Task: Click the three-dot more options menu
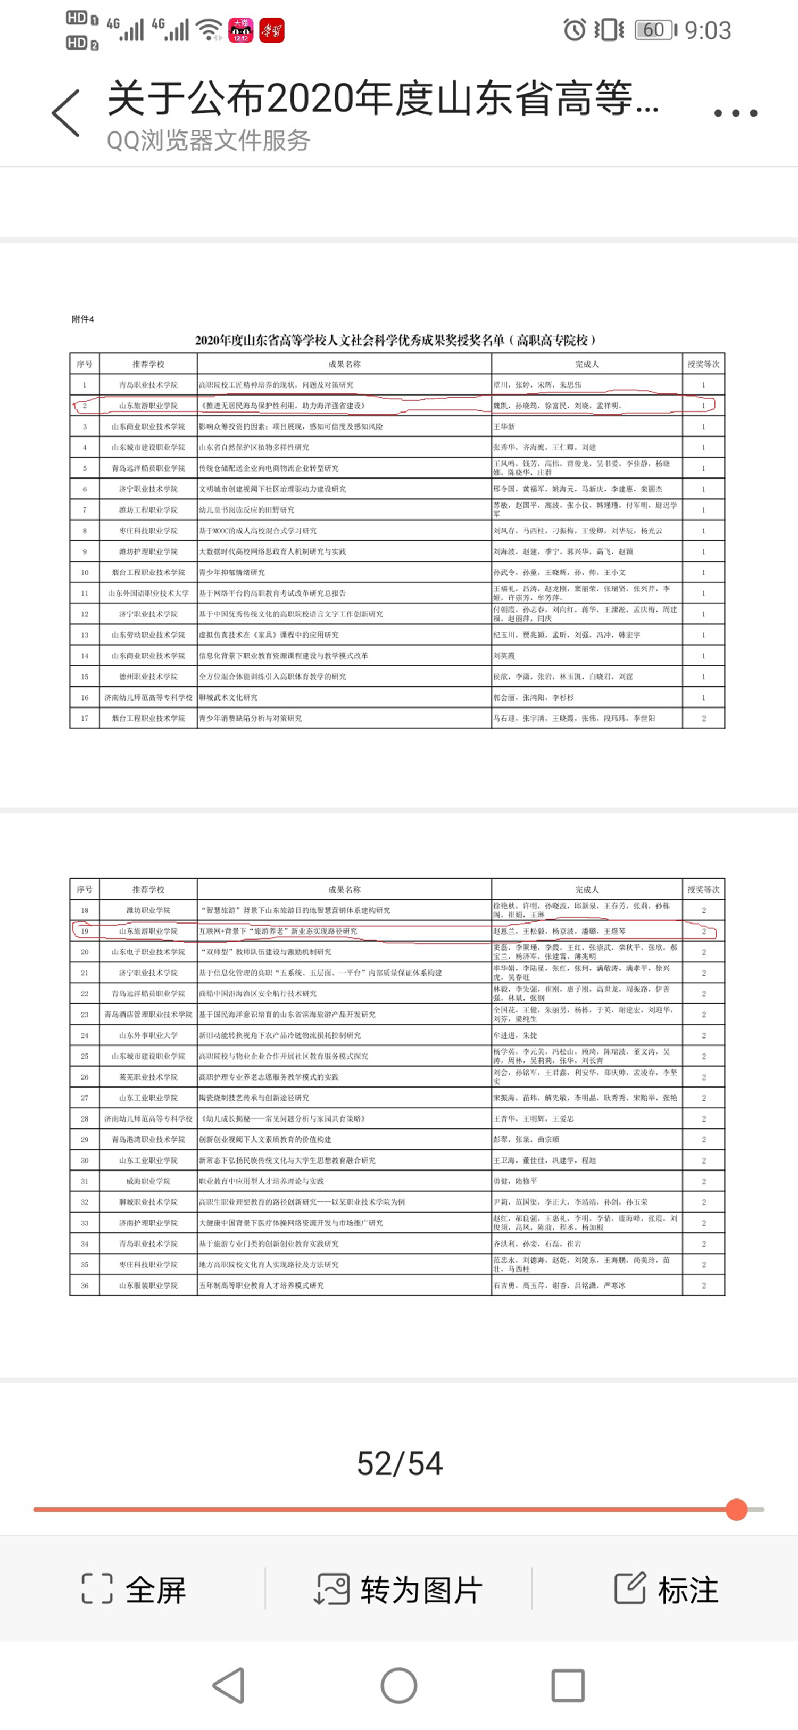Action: [x=736, y=113]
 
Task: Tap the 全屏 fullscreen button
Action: [x=134, y=1589]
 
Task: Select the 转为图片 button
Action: [x=398, y=1589]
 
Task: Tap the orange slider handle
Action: [x=736, y=1509]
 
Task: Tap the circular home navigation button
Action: [x=398, y=1686]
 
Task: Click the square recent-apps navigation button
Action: [x=568, y=1686]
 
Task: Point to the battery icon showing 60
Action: [x=655, y=30]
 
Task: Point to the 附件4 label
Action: [x=82, y=319]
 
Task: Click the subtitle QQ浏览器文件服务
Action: [x=208, y=141]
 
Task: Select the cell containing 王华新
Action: [x=505, y=426]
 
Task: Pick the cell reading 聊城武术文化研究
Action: [x=229, y=697]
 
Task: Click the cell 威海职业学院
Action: [x=148, y=1181]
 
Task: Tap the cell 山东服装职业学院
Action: [x=148, y=1285]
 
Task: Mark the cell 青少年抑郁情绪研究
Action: [x=232, y=572]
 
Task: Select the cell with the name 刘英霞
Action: [x=505, y=655]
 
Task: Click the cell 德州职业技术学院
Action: [x=148, y=676]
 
